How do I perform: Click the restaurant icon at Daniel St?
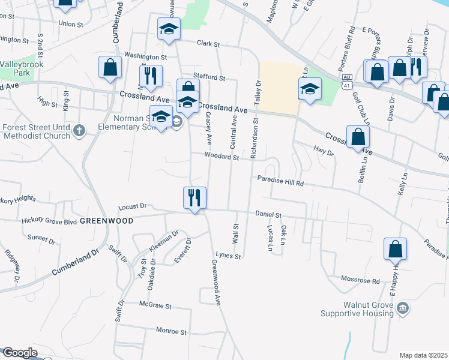coord(194,197)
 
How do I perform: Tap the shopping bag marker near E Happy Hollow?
coord(396,249)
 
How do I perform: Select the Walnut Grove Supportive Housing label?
coord(357,309)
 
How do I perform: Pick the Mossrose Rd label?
coord(360,280)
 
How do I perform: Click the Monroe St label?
coord(172,331)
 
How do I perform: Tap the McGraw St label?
coord(155,306)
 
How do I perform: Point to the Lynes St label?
coord(228,256)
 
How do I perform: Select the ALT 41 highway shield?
coord(346,82)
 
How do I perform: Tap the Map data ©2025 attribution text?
coord(423,355)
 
